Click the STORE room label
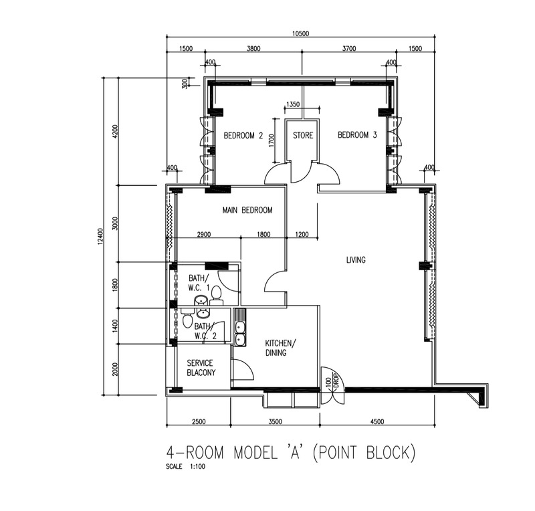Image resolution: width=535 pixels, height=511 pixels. (x=303, y=136)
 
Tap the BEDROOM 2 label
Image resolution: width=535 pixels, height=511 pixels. (x=243, y=136)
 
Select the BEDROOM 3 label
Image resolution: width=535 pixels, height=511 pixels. (x=357, y=135)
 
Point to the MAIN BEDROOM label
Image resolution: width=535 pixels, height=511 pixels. (x=247, y=210)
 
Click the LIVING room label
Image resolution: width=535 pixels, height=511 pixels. (x=356, y=260)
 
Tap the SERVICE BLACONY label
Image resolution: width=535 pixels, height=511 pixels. (x=201, y=368)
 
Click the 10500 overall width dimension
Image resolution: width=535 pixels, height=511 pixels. (x=300, y=33)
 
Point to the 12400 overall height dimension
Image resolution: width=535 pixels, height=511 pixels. (x=100, y=236)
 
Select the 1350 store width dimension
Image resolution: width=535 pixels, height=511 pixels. (x=293, y=104)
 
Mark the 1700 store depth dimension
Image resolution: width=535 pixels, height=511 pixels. (x=272, y=140)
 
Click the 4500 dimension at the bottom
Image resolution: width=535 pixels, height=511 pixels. (x=377, y=421)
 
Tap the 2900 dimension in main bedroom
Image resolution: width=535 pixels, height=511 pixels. (x=204, y=235)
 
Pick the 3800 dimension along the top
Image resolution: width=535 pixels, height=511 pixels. (x=253, y=48)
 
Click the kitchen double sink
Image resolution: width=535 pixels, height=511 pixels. (x=240, y=334)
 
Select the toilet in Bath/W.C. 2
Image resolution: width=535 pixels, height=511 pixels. (x=187, y=319)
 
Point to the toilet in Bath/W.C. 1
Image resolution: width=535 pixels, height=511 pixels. (x=216, y=296)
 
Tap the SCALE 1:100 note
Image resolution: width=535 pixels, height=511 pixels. (x=186, y=466)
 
